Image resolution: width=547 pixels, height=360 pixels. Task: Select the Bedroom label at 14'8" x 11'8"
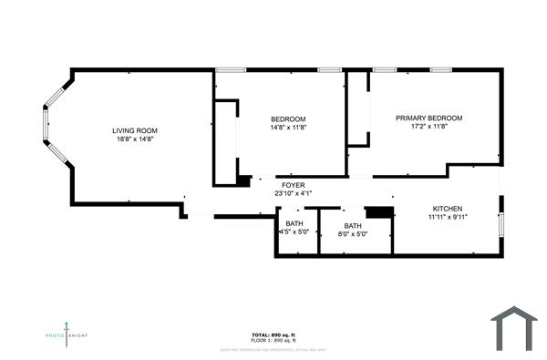coord(288,119)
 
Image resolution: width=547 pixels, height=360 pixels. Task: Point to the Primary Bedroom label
coord(428,118)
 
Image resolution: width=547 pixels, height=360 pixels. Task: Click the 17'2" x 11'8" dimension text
coord(428,127)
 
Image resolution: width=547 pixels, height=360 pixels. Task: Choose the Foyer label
coord(294,185)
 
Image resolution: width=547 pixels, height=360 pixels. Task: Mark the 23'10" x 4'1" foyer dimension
coord(294,193)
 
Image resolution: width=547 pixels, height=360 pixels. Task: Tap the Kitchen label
coord(447,209)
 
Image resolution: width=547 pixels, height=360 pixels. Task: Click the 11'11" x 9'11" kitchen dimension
coord(447,218)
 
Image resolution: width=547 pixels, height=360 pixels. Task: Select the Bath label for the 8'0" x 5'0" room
coord(353,226)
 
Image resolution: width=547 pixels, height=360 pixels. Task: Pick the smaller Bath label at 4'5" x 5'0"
coord(294,223)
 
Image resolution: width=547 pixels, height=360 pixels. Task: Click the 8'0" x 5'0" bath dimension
coord(353,234)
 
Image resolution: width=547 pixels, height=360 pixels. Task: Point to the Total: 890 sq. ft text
coord(273,334)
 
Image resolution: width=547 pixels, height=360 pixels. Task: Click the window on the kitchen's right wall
coord(500,224)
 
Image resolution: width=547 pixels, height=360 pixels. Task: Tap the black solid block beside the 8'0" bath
coord(385,212)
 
